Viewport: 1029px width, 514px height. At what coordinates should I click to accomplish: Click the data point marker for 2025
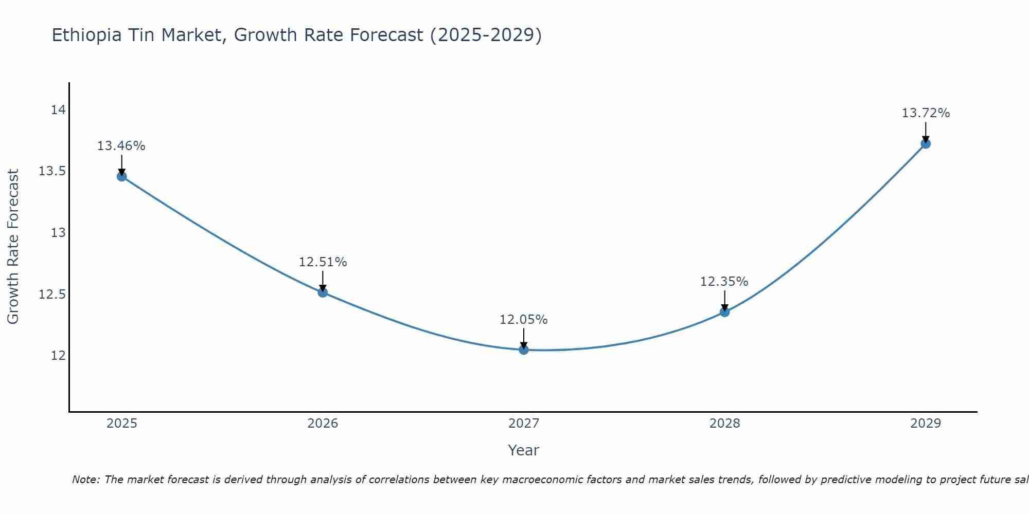pyautogui.click(x=121, y=176)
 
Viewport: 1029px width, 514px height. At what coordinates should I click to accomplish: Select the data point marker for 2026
pyautogui.click(x=323, y=292)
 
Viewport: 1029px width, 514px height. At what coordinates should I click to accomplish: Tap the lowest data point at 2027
pyautogui.click(x=524, y=350)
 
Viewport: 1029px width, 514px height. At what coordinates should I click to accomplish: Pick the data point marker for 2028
pyautogui.click(x=724, y=311)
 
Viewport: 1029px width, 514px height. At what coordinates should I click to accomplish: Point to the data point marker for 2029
pyautogui.click(x=926, y=143)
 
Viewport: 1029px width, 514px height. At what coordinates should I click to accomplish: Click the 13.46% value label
pyautogui.click(x=121, y=146)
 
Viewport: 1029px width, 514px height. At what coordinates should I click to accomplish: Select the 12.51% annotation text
pyautogui.click(x=323, y=262)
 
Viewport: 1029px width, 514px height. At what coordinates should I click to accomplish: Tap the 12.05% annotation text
pyautogui.click(x=524, y=320)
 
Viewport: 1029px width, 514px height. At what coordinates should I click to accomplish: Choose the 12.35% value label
pyautogui.click(x=724, y=282)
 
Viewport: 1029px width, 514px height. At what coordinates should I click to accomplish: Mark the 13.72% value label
pyautogui.click(x=926, y=113)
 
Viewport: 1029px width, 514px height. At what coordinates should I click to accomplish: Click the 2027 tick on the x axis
pyautogui.click(x=524, y=424)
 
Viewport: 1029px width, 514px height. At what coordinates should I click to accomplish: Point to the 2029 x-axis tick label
pyautogui.click(x=926, y=424)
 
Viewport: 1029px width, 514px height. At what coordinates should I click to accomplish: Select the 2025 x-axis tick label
pyautogui.click(x=121, y=424)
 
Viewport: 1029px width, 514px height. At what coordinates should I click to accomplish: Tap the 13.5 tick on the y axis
pyautogui.click(x=52, y=171)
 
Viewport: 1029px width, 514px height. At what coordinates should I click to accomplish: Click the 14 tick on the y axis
pyautogui.click(x=58, y=110)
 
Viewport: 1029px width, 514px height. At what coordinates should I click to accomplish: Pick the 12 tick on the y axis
pyautogui.click(x=58, y=356)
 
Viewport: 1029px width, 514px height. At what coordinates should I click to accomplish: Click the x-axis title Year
pyautogui.click(x=523, y=450)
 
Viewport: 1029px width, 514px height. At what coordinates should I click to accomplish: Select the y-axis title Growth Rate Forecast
pyautogui.click(x=13, y=247)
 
